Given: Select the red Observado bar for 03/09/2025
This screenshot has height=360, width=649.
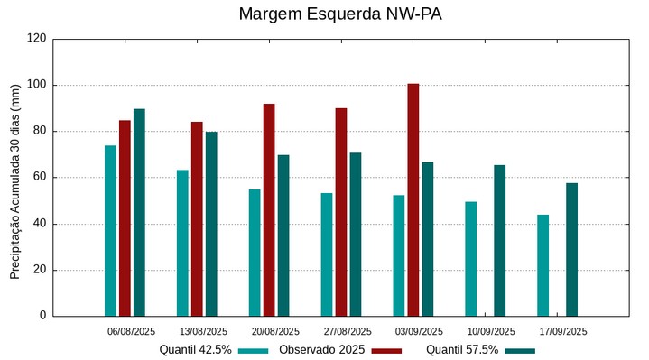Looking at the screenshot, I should tap(413, 199).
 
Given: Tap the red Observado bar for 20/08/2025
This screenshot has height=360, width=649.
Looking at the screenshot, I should tap(269, 209).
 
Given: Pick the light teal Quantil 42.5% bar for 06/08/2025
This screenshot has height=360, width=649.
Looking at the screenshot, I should tap(110, 230).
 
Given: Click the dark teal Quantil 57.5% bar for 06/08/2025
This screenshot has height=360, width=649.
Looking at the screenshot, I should tap(139, 212).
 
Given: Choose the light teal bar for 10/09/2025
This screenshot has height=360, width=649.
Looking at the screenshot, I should tap(470, 258).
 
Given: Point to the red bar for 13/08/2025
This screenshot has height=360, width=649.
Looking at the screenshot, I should tap(197, 218).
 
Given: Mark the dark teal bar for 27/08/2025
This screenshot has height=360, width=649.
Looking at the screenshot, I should tap(356, 234).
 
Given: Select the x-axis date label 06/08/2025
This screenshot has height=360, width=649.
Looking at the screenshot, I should tap(132, 331).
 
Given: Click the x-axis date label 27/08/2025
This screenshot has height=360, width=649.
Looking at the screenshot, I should tap(348, 331).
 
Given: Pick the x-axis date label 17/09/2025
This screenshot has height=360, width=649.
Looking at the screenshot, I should tap(563, 331).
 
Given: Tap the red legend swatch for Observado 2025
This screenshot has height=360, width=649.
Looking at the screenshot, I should tap(386, 350).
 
